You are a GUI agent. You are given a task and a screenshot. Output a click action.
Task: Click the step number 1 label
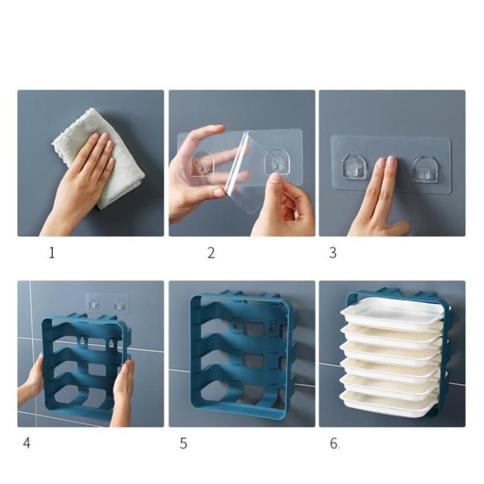pos(52,253)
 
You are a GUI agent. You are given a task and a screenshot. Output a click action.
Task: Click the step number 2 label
pos(211,253)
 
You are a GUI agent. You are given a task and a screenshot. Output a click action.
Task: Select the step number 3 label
pos(332,253)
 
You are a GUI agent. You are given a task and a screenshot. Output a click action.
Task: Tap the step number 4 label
pos(26,443)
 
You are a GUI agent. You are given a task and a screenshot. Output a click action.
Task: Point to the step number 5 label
pos(183,443)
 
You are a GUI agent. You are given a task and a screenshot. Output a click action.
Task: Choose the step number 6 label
pos(334,443)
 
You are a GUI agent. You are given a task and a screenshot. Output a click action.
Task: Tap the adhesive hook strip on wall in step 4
pos(106,303)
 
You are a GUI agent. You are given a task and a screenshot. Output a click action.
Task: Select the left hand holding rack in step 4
pos(34,380)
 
